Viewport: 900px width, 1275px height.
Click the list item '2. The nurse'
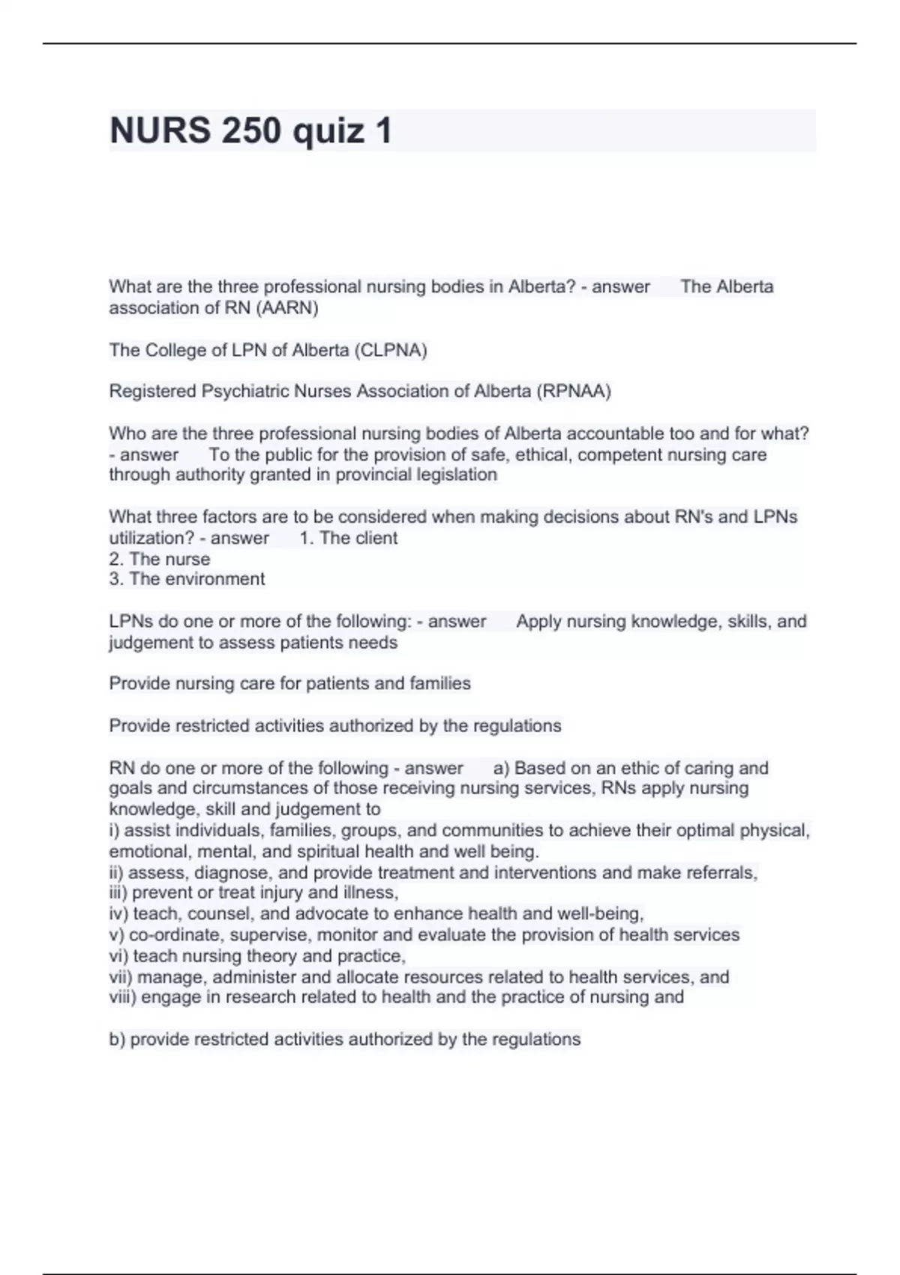(159, 559)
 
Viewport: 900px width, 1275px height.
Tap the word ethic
(663, 768)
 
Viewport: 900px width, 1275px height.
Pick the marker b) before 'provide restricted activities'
(117, 1039)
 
